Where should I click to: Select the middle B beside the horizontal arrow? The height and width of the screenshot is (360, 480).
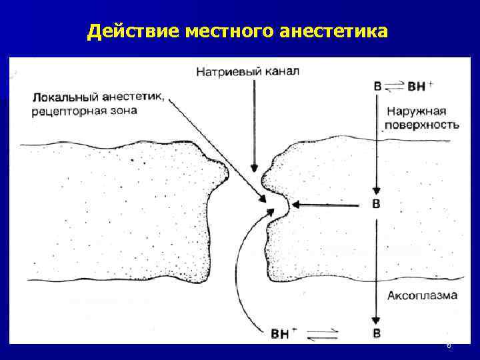coord(376,204)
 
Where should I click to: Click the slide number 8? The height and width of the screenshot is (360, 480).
coord(449,345)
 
